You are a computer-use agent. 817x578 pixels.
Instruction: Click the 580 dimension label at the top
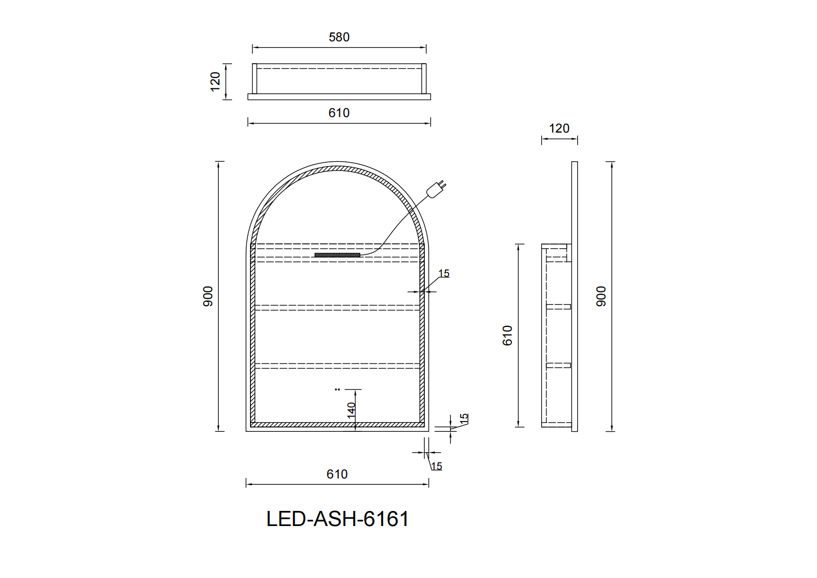(x=339, y=37)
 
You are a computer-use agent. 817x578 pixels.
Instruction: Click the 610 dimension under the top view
(x=339, y=113)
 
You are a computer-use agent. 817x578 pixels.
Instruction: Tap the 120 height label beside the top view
(x=215, y=81)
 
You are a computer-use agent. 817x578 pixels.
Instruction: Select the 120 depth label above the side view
(x=559, y=129)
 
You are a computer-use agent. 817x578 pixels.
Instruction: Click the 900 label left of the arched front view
(x=208, y=296)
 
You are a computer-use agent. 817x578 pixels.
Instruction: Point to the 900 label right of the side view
(x=601, y=296)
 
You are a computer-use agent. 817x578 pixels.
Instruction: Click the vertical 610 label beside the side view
(x=507, y=336)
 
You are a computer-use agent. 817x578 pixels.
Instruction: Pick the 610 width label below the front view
(x=337, y=475)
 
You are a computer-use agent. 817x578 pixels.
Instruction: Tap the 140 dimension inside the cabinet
(x=351, y=410)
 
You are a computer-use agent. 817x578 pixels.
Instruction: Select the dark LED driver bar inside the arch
(x=337, y=255)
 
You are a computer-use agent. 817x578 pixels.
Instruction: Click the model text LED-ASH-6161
(x=337, y=519)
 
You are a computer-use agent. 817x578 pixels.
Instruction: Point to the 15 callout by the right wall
(x=444, y=274)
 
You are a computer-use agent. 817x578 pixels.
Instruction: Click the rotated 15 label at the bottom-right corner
(x=464, y=418)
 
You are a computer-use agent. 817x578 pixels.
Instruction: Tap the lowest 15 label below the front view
(x=436, y=467)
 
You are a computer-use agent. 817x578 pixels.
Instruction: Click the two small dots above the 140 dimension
(x=337, y=389)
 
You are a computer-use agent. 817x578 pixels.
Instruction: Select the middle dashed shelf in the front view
(x=337, y=307)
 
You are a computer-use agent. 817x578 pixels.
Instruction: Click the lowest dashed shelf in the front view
(x=337, y=365)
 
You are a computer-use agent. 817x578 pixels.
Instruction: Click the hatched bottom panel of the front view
(x=337, y=425)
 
